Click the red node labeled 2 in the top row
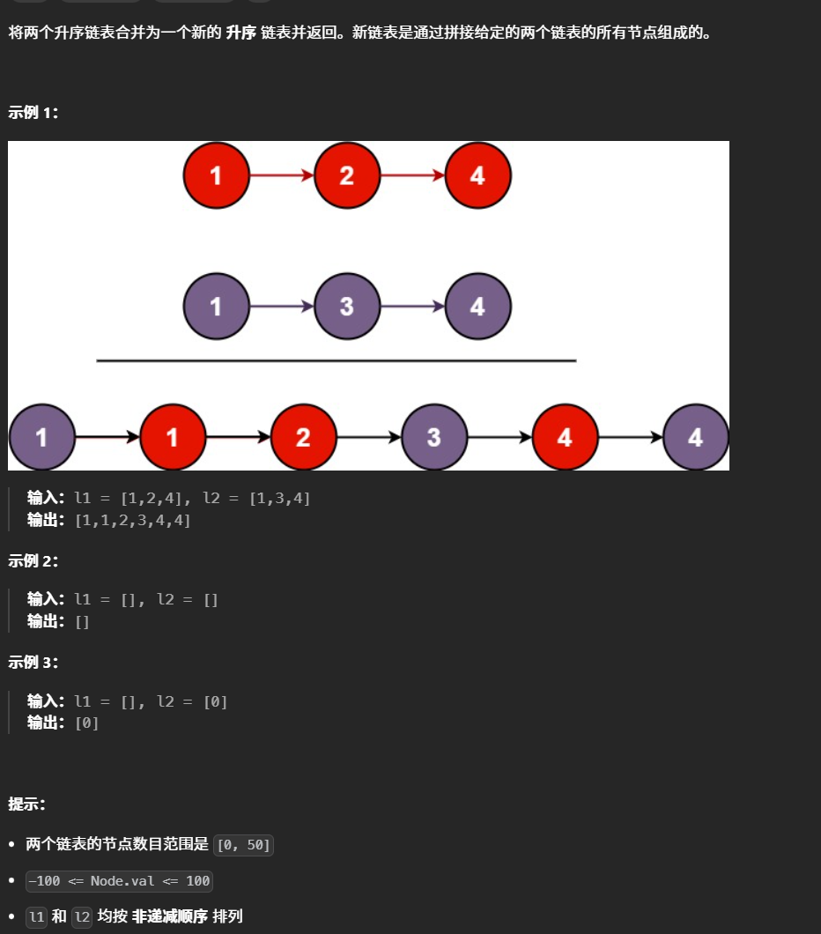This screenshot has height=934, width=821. (x=347, y=175)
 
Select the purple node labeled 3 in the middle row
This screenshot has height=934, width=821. (x=347, y=307)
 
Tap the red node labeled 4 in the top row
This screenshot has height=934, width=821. (x=477, y=175)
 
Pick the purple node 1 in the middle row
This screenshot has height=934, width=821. (x=217, y=307)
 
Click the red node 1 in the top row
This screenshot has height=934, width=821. (x=217, y=175)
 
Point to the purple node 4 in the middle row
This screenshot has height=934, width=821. (x=477, y=307)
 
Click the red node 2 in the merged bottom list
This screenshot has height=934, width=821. (x=303, y=437)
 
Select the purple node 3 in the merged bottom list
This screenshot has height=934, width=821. (x=433, y=437)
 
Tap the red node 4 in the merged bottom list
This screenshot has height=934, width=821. (x=565, y=437)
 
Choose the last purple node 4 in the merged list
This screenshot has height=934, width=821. (x=695, y=437)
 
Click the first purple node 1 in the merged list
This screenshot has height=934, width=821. (x=41, y=437)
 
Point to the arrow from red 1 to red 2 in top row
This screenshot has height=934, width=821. (x=282, y=175)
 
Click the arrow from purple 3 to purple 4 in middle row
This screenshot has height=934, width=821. (x=412, y=307)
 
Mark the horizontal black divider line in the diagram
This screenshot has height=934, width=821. (x=336, y=360)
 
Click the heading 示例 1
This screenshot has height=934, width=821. (x=33, y=112)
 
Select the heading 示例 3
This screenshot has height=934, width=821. (x=33, y=662)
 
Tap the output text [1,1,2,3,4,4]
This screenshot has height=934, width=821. (x=132, y=520)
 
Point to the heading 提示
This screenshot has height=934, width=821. (x=27, y=804)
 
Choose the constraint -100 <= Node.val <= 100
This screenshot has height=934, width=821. (x=119, y=881)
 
